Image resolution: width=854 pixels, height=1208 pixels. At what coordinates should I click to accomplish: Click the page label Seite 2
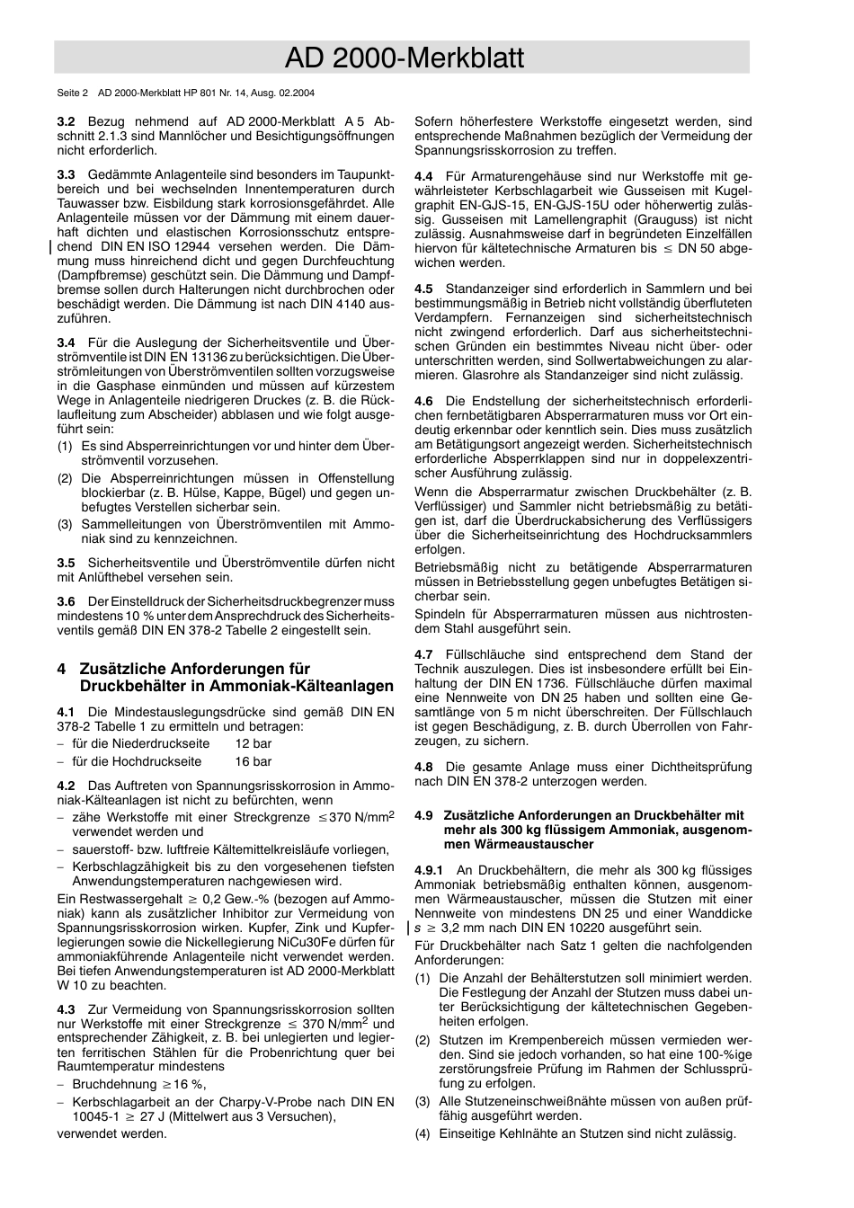(x=72, y=93)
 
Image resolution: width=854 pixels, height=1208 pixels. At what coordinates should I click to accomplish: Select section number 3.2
(x=66, y=121)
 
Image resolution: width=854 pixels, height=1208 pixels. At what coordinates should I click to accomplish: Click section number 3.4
(x=66, y=342)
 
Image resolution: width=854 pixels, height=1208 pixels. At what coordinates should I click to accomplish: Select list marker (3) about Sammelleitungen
(x=65, y=525)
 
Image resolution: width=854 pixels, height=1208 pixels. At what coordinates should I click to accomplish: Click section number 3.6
(x=66, y=601)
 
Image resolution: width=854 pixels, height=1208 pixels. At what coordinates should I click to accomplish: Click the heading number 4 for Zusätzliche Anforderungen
(x=61, y=669)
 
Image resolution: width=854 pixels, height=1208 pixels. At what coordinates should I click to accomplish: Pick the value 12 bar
(x=253, y=743)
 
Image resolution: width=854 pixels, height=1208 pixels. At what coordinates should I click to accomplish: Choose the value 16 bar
(x=253, y=761)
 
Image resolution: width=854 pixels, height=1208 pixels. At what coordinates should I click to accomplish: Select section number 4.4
(x=423, y=176)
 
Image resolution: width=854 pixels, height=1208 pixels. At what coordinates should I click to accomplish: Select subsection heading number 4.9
(x=423, y=815)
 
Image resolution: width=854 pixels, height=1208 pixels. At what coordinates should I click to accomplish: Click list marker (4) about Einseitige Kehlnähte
(x=423, y=1133)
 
